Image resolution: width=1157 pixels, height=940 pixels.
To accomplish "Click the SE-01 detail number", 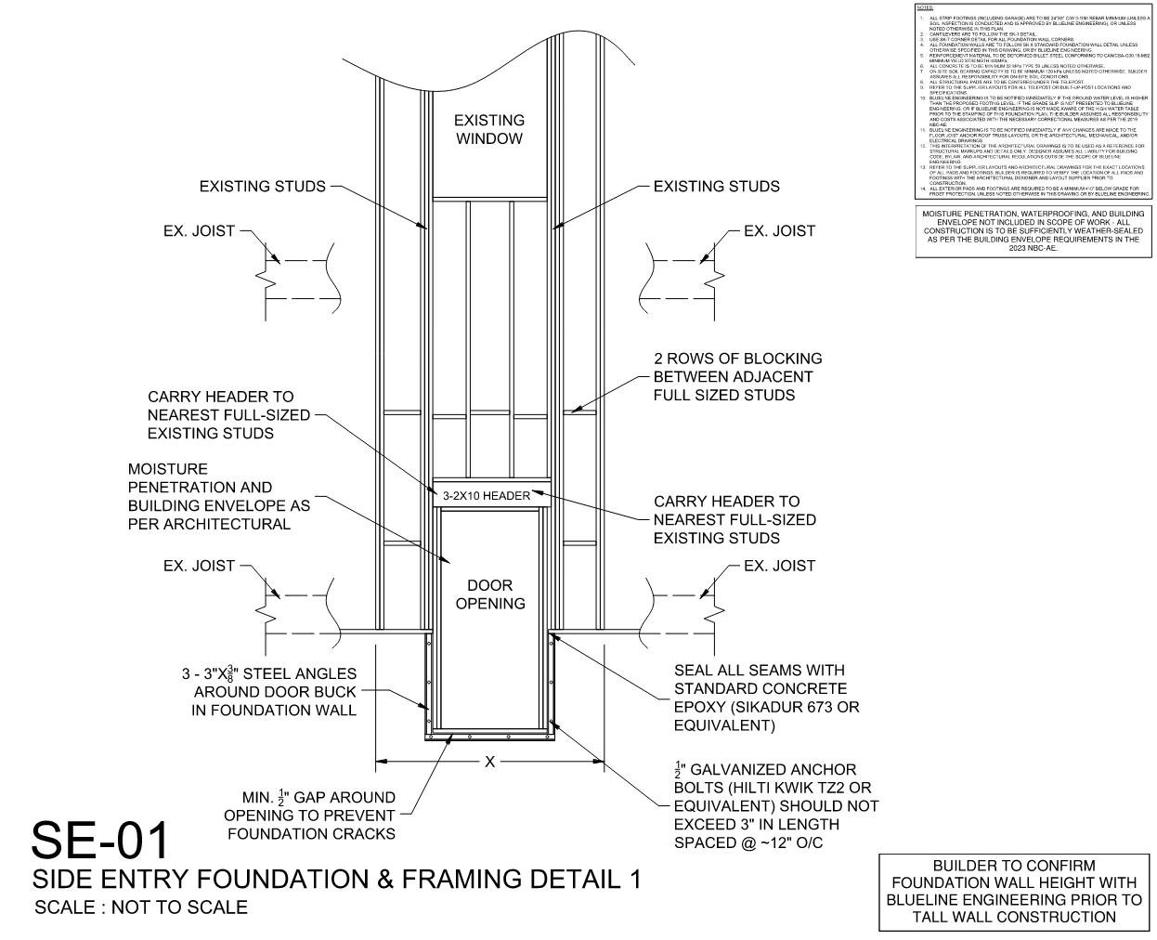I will pyautogui.click(x=101, y=839).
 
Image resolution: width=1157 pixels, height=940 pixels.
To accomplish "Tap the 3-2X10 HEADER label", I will pyautogui.click(x=487, y=496).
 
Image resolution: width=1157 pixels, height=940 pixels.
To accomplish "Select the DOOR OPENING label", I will pyautogui.click(x=490, y=594).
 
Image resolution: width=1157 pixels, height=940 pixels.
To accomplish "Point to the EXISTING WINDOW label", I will pyautogui.click(x=489, y=129).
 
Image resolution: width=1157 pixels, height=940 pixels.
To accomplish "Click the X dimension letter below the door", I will pyautogui.click(x=490, y=763).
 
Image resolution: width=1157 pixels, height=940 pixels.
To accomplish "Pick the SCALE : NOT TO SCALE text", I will pyautogui.click(x=141, y=907).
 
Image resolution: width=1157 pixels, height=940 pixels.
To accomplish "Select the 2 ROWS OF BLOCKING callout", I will pyautogui.click(x=737, y=376).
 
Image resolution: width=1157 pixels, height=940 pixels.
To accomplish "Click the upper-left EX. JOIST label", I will pyautogui.click(x=199, y=230).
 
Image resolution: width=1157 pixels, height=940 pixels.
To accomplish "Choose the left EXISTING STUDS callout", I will pyautogui.click(x=263, y=187).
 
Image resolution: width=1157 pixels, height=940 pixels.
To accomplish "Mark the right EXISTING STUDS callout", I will pyautogui.click(x=716, y=187).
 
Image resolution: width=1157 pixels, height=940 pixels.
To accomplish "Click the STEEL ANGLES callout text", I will pyautogui.click(x=269, y=692).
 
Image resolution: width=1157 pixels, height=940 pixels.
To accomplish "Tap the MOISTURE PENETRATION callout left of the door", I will pyautogui.click(x=218, y=496).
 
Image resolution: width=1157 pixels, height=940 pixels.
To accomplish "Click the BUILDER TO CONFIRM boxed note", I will pyautogui.click(x=1013, y=892).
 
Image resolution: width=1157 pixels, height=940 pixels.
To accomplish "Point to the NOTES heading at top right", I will pyautogui.click(x=925, y=7).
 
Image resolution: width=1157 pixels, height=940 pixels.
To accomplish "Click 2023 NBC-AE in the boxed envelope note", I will pyautogui.click(x=1033, y=248).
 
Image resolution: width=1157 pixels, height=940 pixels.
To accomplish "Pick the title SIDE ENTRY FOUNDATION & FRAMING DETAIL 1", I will pyautogui.click(x=337, y=879).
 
